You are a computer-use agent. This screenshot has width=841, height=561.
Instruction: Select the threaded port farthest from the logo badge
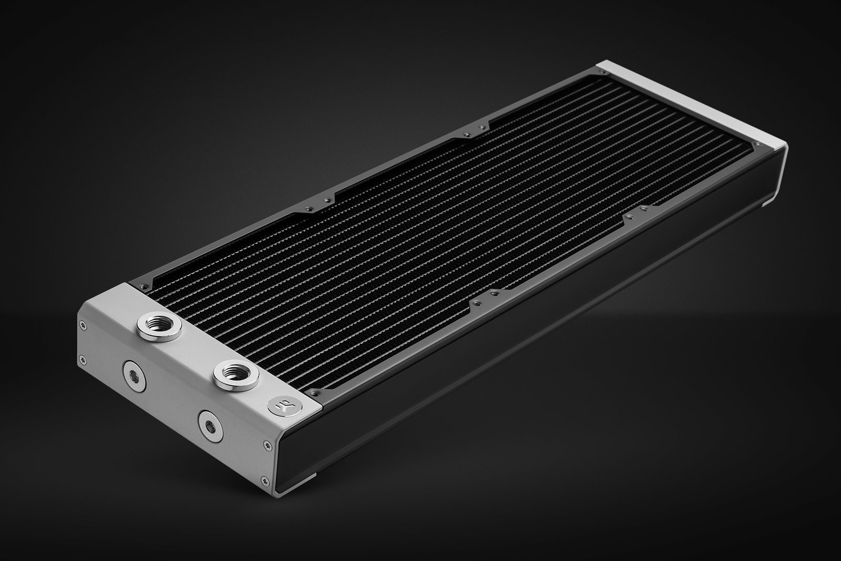(x=156, y=329)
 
